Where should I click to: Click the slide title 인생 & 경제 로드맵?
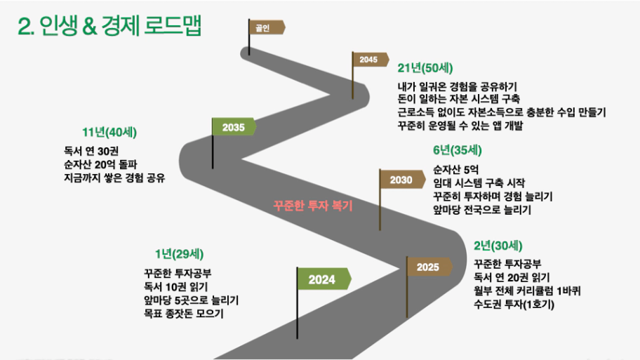pos(109,26)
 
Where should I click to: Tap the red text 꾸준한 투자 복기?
pos(313,206)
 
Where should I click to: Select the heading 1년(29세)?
pos(179,254)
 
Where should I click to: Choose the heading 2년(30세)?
pos(498,246)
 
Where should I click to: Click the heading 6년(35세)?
pos(457,150)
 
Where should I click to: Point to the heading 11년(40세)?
pos(109,132)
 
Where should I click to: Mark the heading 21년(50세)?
pos(425,68)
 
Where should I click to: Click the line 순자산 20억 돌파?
pos(100,164)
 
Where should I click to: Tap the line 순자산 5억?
pos(455,169)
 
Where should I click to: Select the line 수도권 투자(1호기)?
pos(514,304)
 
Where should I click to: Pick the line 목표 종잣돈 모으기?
pos(184,314)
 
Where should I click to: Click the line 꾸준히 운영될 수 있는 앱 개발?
pos(460,126)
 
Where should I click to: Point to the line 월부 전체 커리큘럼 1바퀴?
pos(527,291)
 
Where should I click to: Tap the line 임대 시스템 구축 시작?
pos(479,183)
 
